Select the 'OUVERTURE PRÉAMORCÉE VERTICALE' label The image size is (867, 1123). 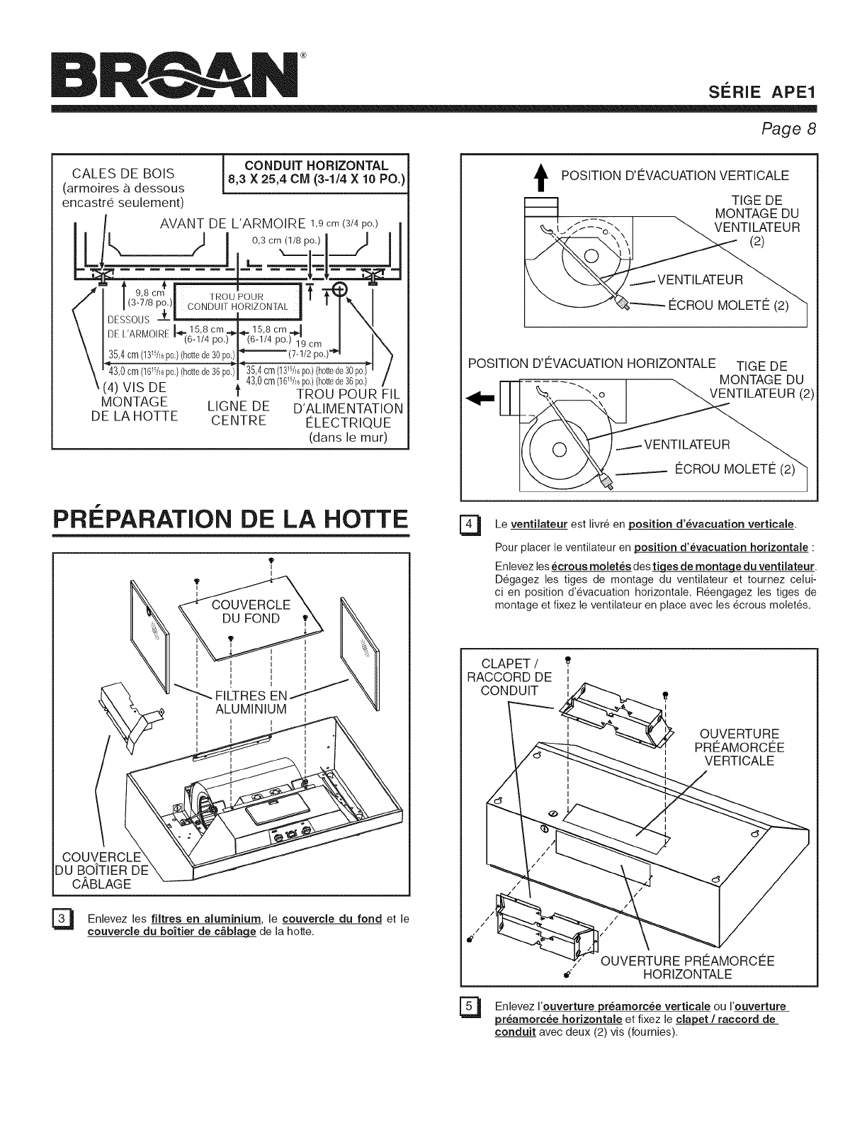[x=739, y=747]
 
